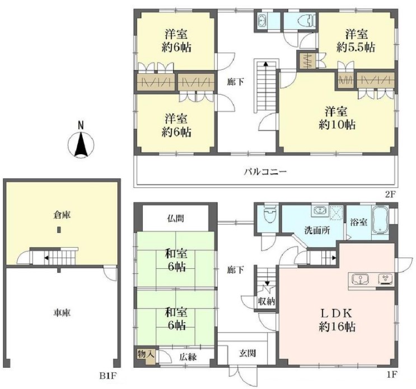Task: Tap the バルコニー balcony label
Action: point(265,172)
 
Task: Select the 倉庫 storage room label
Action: point(62,215)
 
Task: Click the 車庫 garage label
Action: point(62,313)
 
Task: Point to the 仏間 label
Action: point(176,219)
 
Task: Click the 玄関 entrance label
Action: point(247,353)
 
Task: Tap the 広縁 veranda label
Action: point(188,357)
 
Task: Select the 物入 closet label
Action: point(146,354)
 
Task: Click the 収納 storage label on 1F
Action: point(267,301)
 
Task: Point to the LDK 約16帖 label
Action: point(336,320)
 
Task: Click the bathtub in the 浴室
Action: point(381,220)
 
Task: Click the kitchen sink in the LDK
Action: point(360,279)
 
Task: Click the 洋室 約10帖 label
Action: point(336,118)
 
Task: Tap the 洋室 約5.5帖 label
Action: point(356,41)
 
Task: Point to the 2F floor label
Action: point(390,194)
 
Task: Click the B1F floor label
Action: point(108,376)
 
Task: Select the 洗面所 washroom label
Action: point(317,230)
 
